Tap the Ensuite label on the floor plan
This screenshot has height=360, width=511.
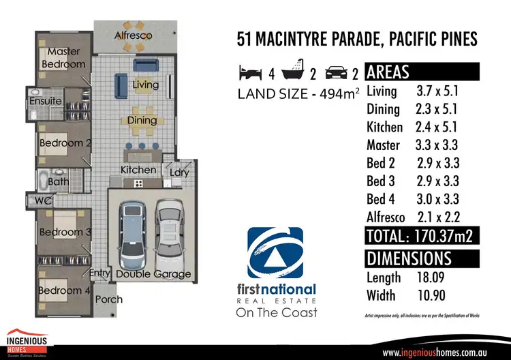tap(46, 102)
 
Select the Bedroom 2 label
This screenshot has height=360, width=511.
tap(65, 143)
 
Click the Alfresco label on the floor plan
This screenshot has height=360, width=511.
tap(133, 35)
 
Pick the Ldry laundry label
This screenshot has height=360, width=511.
tap(180, 172)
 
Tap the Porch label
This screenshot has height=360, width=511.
tap(109, 299)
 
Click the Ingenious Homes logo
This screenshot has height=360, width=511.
tap(27, 343)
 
